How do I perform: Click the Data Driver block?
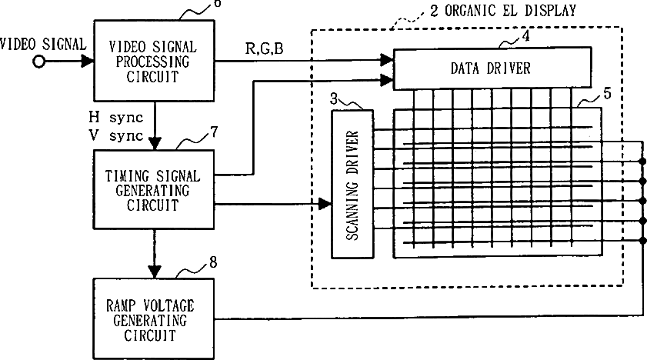490,68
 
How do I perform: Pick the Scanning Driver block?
352,183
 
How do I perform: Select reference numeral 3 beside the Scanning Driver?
334,98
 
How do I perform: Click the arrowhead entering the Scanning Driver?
325,205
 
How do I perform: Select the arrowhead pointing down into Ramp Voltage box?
155,271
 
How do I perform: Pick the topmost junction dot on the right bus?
642,162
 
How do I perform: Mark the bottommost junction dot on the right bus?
642,240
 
